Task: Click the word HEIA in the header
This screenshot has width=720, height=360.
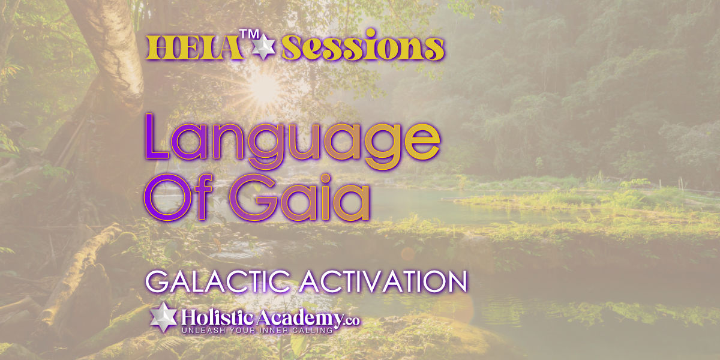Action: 194,48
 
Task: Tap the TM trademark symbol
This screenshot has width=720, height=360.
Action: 249,34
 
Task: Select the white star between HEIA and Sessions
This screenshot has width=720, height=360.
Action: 263,47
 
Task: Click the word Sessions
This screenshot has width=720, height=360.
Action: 363,45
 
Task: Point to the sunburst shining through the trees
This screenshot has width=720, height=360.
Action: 263,88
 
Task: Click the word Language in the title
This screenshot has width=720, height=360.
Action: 292,142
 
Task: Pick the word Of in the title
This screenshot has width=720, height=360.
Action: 178,197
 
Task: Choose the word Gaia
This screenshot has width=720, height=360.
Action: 299,197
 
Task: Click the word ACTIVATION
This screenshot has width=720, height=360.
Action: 383,282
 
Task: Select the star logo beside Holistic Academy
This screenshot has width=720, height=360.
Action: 164,317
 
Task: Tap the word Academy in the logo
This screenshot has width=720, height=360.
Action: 299,319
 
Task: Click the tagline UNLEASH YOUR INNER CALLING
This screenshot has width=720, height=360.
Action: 257,331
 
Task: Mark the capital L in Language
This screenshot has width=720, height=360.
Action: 157,136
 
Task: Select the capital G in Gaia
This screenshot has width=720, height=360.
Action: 253,197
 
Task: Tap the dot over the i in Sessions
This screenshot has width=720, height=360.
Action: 371,33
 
